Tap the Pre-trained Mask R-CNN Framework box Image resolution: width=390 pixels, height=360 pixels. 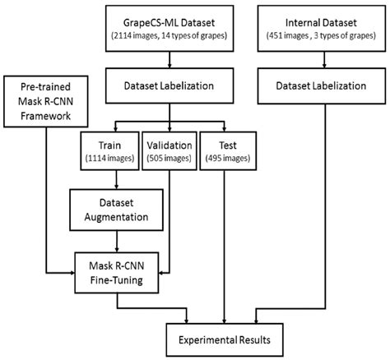coord(40,103)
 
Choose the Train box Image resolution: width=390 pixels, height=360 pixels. coord(109,150)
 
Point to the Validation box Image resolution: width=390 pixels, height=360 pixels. coord(169,150)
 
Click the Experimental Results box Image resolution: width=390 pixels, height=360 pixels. coord(226,337)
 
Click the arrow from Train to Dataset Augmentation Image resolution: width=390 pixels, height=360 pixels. coord(115,180)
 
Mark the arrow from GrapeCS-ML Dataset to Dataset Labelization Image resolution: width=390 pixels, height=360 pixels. coord(169,59)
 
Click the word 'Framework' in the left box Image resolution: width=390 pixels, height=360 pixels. coord(40,117)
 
